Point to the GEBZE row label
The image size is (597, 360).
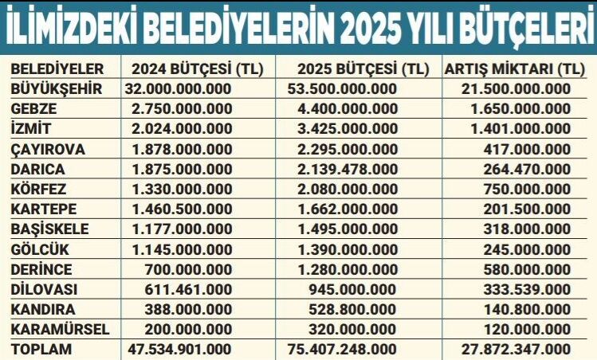[34, 109]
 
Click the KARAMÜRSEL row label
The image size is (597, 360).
[57, 328]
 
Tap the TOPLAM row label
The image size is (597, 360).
[41, 349]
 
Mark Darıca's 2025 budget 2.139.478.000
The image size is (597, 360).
[351, 169]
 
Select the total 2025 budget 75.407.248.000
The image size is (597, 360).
[348, 349]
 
